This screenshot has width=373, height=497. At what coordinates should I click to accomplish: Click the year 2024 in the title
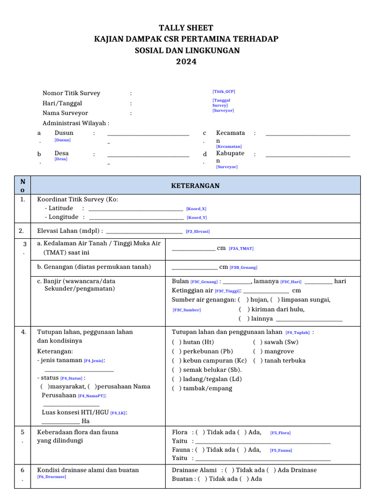[x=186, y=62]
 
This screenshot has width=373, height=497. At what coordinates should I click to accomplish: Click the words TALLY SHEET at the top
[x=186, y=28]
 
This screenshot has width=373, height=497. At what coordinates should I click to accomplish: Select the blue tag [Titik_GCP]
[x=223, y=91]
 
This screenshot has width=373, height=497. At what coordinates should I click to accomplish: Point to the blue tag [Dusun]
[x=63, y=140]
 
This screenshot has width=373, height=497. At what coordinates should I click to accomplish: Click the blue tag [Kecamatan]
[x=229, y=146]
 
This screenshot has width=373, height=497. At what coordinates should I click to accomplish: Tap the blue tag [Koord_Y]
[x=197, y=217]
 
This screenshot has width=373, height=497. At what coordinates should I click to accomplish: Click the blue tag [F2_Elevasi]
[x=198, y=232]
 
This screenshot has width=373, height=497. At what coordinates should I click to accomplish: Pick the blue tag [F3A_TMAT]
[x=241, y=248]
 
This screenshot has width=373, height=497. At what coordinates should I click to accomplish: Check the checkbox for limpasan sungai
[x=275, y=299]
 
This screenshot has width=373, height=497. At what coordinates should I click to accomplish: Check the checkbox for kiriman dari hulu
[x=244, y=309]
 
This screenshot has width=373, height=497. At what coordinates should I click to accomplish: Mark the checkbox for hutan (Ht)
[x=177, y=342]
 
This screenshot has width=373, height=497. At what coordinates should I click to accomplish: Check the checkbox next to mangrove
[x=258, y=351]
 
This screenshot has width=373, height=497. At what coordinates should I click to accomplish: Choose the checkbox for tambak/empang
[x=177, y=388]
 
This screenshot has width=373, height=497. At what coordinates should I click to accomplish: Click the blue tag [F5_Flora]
[x=280, y=432]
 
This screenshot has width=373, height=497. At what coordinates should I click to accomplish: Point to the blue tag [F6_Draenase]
[x=51, y=477]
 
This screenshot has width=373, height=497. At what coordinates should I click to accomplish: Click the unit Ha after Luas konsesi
[x=85, y=421]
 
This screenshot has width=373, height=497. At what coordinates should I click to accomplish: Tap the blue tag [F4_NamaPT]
[x=92, y=396]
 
